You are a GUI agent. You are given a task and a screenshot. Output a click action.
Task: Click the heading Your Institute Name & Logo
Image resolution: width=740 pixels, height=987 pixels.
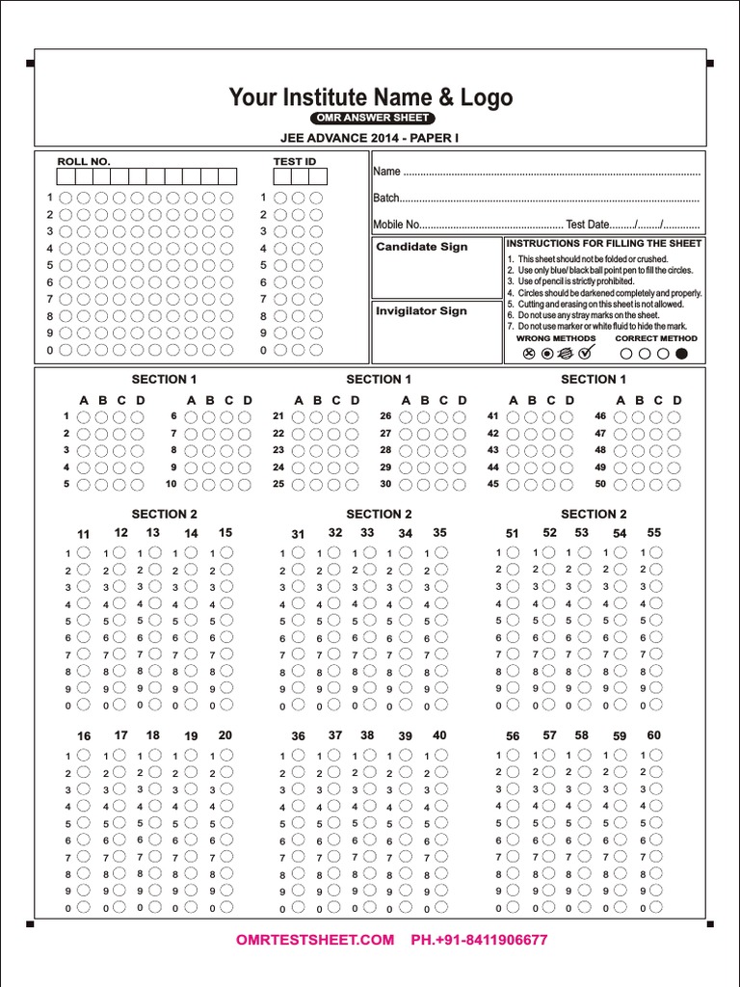[x=370, y=97]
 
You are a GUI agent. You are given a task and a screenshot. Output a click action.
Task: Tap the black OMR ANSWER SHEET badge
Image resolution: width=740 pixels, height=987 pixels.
[x=370, y=118]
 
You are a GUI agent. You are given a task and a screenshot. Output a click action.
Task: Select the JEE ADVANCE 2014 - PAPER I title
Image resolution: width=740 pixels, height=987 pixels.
[x=370, y=138]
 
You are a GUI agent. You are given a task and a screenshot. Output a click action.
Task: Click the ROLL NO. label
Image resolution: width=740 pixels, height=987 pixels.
[x=84, y=162]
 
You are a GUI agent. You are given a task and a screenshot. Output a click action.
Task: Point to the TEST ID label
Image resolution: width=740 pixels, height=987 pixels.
[x=295, y=162]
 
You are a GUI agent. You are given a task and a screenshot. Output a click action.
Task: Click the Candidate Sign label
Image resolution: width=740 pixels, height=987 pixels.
[x=421, y=247]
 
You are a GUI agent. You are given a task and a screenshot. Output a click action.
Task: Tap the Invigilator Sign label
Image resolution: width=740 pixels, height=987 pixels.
[x=421, y=310]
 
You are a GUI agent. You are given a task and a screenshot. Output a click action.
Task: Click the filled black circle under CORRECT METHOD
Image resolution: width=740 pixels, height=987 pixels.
[x=682, y=354]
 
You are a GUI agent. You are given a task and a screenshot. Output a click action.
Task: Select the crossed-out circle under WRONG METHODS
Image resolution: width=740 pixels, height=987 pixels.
[x=528, y=354]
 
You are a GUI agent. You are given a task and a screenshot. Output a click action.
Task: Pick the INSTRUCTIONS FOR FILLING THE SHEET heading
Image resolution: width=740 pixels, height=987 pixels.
[x=604, y=243]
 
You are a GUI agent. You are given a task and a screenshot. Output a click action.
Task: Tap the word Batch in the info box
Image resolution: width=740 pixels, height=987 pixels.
[x=385, y=198]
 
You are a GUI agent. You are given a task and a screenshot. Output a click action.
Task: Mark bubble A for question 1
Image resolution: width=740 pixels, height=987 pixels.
[x=84, y=416]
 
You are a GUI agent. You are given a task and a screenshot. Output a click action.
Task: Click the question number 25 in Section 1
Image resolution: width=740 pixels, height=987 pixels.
[x=278, y=484]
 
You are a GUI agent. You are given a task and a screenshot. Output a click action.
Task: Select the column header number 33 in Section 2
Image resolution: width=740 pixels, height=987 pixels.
[x=367, y=532]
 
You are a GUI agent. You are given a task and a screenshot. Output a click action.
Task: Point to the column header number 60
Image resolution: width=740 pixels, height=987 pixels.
[x=654, y=735]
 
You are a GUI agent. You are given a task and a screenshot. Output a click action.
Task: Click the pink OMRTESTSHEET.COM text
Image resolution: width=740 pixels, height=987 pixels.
[x=315, y=940]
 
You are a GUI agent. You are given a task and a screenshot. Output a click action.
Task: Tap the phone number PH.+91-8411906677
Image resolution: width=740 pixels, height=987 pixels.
[x=479, y=940]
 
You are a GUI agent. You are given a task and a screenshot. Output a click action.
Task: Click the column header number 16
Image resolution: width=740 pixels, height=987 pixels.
[x=84, y=736]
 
